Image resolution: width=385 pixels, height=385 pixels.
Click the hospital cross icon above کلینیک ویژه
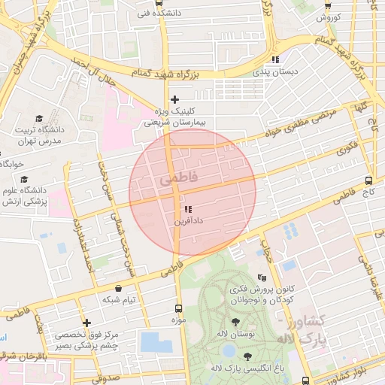click(175, 99)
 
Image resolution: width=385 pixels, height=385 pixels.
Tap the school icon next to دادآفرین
click(187, 209)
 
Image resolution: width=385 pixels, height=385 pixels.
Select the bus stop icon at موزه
click(178, 308)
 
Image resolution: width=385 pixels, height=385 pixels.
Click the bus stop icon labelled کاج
click(368, 180)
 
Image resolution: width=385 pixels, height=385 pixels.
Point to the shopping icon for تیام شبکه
click(118, 287)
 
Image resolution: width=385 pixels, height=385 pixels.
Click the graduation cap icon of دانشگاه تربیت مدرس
click(55, 117)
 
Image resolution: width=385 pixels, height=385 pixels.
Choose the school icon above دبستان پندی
click(276, 59)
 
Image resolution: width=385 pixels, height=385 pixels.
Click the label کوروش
click(329, 17)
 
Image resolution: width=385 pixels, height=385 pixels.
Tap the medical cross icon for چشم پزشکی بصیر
click(87, 323)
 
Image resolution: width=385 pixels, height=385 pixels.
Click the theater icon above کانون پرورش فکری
click(261, 277)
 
